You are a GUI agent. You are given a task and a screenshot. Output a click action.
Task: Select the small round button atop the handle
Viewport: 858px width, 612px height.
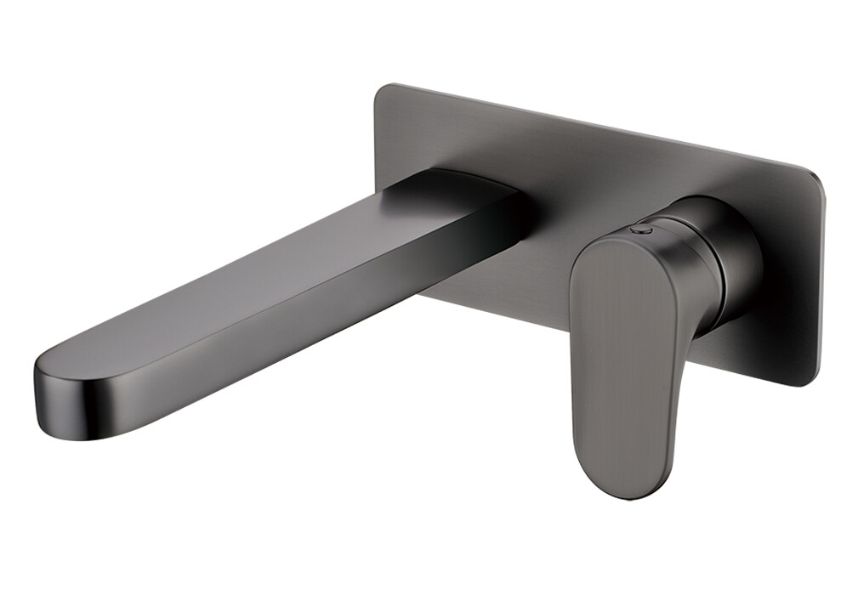[x=643, y=230]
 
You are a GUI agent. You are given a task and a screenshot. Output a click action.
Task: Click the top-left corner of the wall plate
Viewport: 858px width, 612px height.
[x=381, y=91]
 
